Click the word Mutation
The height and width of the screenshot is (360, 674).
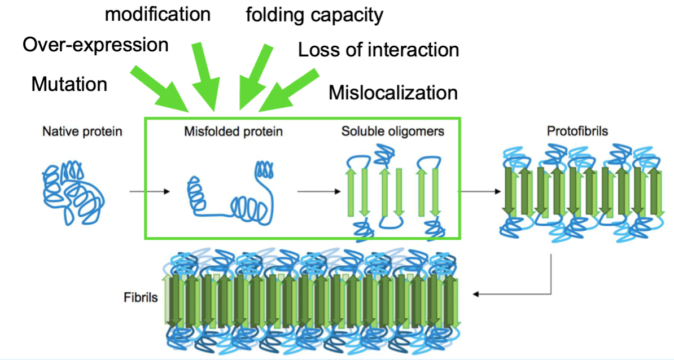69,84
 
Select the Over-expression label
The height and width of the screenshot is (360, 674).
95,45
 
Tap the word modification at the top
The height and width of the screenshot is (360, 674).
158,14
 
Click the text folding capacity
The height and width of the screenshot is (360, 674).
314,15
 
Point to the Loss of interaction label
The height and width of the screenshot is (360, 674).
378,50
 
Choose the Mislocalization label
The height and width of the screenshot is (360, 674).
393,92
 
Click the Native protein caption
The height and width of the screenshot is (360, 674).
82,132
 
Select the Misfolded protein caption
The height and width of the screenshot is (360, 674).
233,132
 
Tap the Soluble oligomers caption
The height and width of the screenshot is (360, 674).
392,132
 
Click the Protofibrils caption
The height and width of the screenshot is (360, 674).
577,132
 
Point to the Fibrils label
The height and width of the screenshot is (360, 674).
141,297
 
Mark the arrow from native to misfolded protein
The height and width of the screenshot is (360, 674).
149,192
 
